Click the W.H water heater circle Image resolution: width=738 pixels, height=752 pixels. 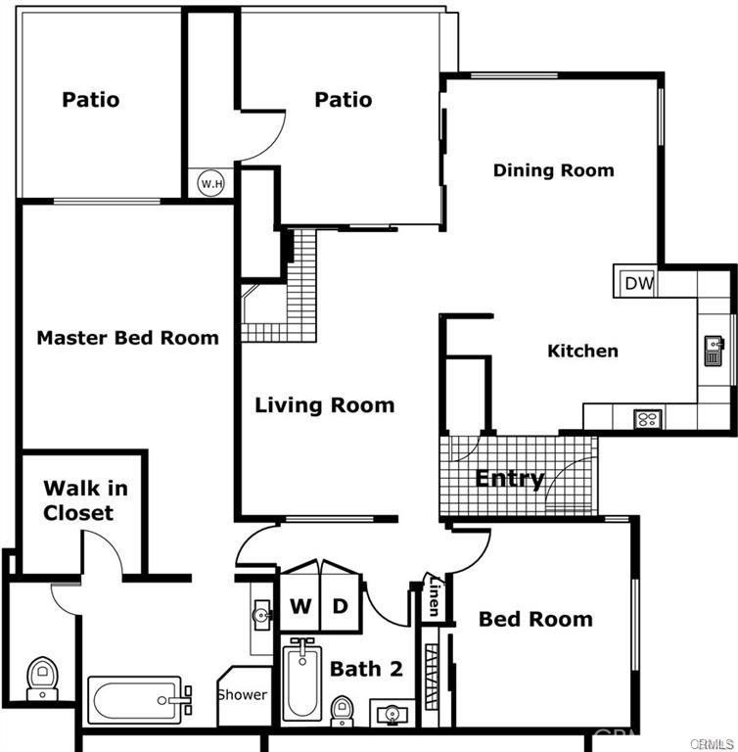[211, 183]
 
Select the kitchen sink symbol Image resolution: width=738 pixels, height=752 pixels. [715, 351]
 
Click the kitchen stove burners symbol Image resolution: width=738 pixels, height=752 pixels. [648, 419]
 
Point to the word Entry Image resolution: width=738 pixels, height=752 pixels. [510, 479]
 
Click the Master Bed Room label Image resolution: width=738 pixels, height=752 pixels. [127, 338]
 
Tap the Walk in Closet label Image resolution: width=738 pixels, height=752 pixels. [85, 500]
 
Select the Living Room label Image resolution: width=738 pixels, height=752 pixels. [325, 405]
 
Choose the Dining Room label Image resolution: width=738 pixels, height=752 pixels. [553, 170]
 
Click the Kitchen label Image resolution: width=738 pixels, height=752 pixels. [582, 352]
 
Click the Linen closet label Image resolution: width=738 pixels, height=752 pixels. [434, 596]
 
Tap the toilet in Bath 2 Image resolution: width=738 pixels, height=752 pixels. [342, 710]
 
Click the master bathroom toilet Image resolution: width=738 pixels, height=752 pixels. [42, 679]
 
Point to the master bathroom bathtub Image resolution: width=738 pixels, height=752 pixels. [139, 700]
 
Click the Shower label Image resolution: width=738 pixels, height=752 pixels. [243, 694]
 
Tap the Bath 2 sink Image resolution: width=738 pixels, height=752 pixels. [392, 714]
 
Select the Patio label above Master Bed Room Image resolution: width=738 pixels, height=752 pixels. [91, 100]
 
